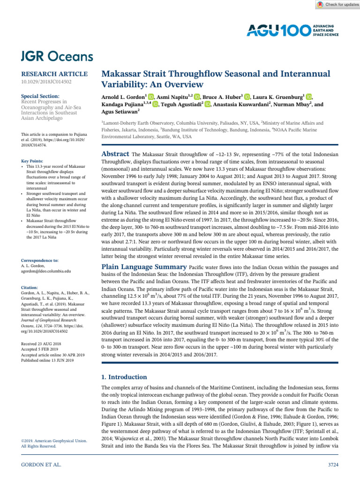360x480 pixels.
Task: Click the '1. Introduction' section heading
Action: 124,377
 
